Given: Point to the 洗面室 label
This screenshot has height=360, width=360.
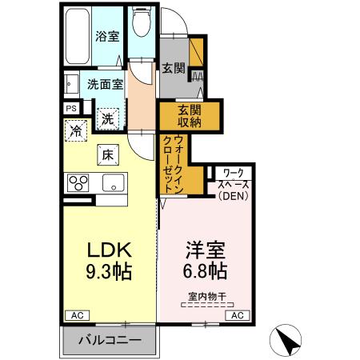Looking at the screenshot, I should [105, 84].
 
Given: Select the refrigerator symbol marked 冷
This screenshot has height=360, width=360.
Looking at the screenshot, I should [77, 130].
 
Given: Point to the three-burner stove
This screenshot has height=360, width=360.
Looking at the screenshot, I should [80, 182].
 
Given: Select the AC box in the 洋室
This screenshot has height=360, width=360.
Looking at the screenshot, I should [238, 316].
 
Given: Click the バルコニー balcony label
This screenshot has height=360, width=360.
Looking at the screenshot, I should [110, 341].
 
